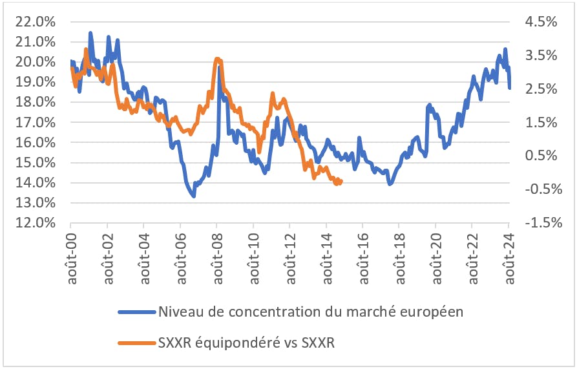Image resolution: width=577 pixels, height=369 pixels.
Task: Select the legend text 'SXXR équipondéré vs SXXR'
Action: coord(246,343)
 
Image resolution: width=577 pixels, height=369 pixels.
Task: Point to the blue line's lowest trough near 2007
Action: coord(194,195)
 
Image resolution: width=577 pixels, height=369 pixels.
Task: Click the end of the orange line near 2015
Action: coord(341,182)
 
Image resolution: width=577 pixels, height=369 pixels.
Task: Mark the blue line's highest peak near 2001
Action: coord(90,33)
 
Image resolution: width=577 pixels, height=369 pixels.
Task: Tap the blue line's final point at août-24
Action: coord(510,88)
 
